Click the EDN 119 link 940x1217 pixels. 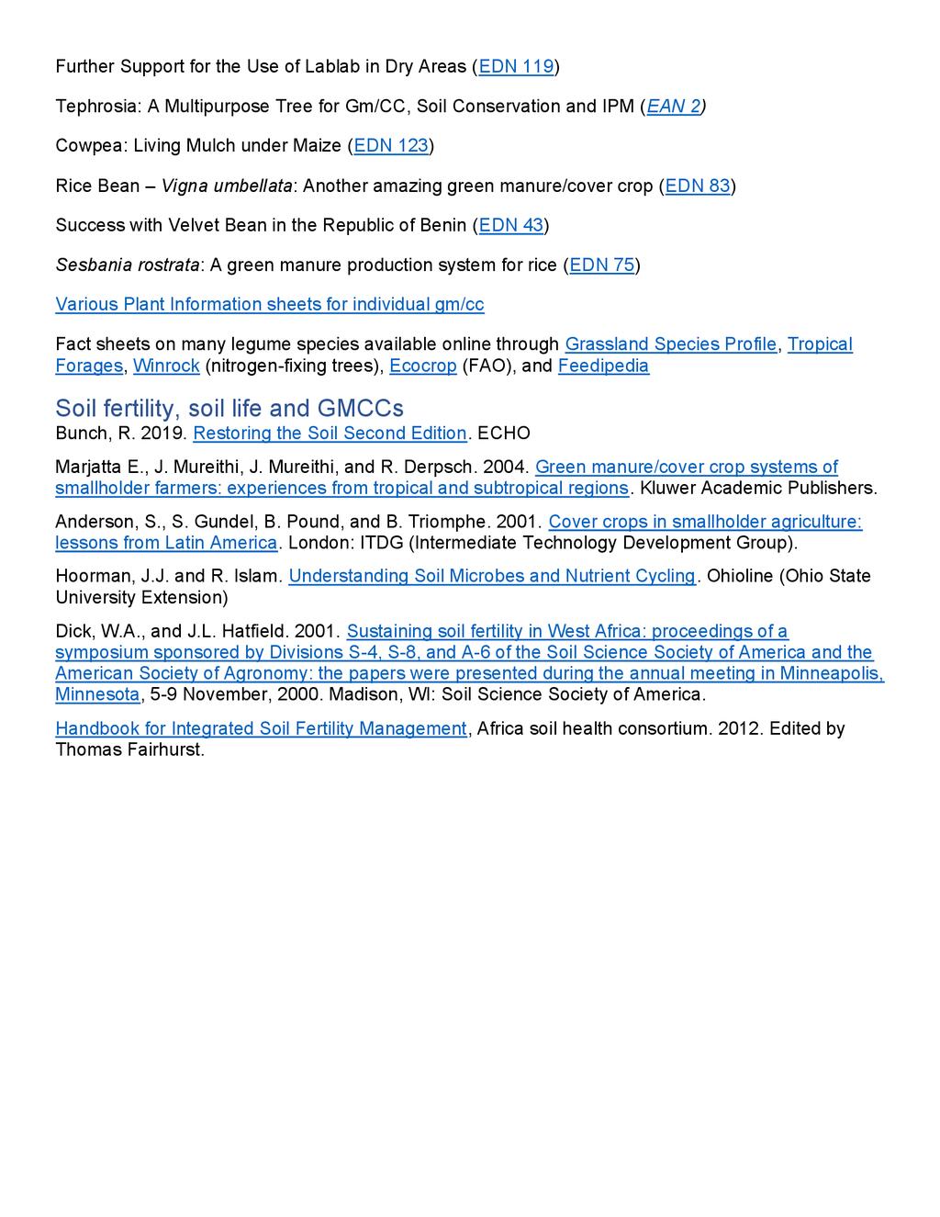pyautogui.click(x=517, y=66)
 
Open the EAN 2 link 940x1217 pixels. pyautogui.click(x=674, y=107)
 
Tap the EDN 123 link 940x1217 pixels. pyautogui.click(x=391, y=146)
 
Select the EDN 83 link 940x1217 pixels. pyautogui.click(x=698, y=186)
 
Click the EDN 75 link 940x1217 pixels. pyautogui.click(x=601, y=265)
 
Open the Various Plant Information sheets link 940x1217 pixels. pyautogui.click(x=270, y=305)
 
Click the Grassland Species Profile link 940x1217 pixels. pyautogui.click(x=671, y=344)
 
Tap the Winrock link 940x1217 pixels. pyautogui.click(x=166, y=366)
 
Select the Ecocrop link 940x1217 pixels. pyautogui.click(x=422, y=366)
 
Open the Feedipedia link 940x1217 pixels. pyautogui.click(x=603, y=366)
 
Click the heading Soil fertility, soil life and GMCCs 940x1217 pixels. pyautogui.click(x=229, y=408)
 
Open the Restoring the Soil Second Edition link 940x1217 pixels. pyautogui.click(x=330, y=434)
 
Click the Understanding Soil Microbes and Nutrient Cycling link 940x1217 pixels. pyautogui.click(x=492, y=577)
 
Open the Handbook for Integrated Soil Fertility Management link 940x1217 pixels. pyautogui.click(x=261, y=729)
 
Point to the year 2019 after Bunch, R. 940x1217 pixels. pyautogui.click(x=162, y=434)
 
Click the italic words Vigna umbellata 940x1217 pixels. pyautogui.click(x=227, y=186)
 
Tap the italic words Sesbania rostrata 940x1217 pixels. pyautogui.click(x=128, y=265)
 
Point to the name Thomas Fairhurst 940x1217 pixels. pyautogui.click(x=129, y=750)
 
